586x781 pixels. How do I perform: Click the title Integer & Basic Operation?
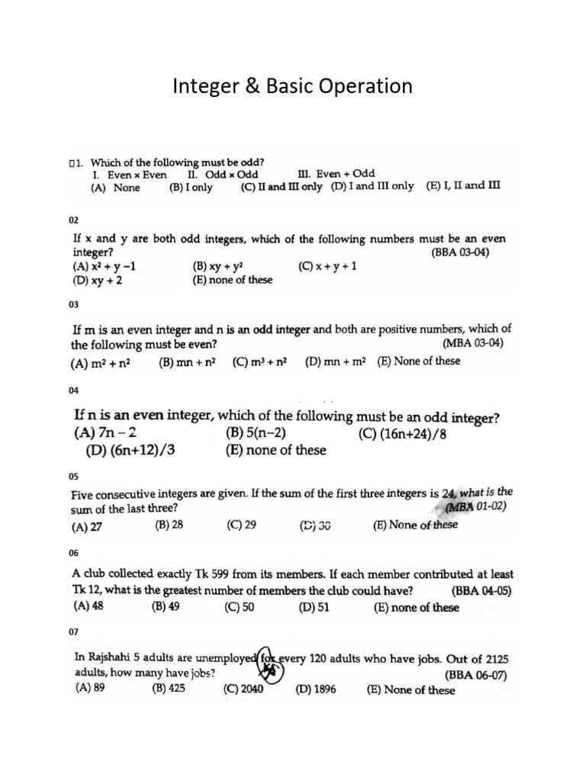(x=292, y=86)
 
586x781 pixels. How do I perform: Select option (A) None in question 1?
(x=115, y=188)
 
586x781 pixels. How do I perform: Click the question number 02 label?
(x=74, y=220)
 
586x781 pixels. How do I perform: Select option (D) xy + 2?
(x=98, y=280)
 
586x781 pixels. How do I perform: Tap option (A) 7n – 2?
(x=105, y=433)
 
